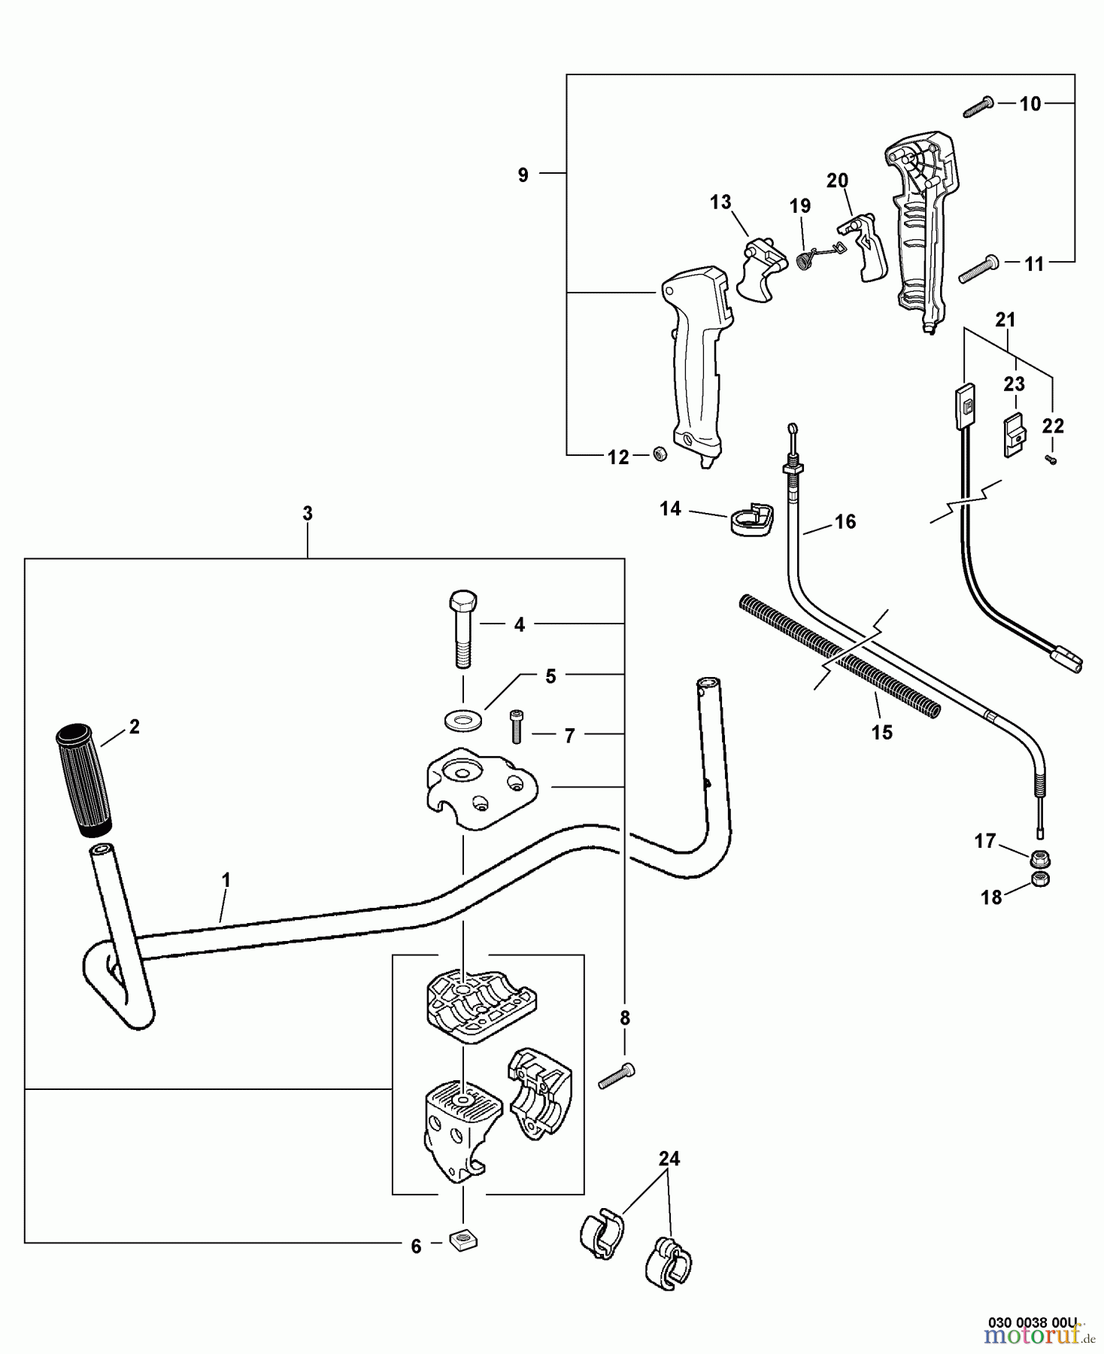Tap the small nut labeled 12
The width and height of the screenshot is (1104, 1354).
(x=660, y=454)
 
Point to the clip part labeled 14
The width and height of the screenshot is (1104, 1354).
(x=751, y=521)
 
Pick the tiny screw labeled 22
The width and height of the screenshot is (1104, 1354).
(x=1051, y=460)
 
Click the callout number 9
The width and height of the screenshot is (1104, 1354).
(x=523, y=175)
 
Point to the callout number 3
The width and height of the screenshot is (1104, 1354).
(x=308, y=514)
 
